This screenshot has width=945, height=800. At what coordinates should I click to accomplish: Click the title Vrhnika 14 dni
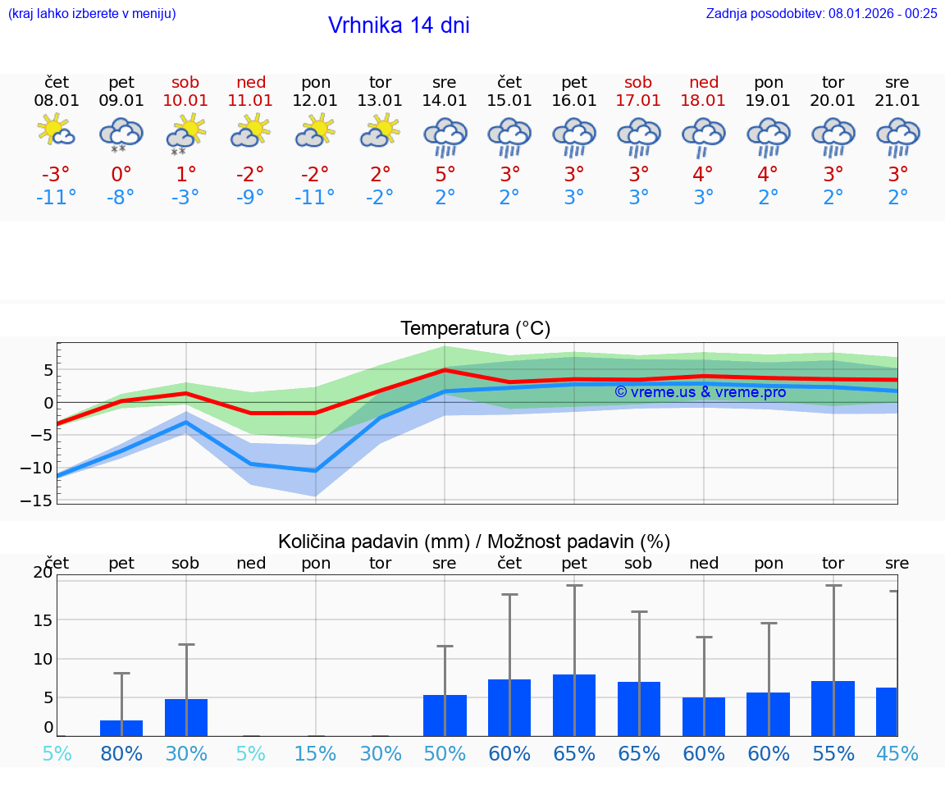pyautogui.click(x=399, y=25)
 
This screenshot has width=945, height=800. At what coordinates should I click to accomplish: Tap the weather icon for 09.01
pyautogui.click(x=121, y=135)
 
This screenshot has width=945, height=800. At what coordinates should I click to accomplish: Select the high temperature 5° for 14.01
pyautogui.click(x=445, y=175)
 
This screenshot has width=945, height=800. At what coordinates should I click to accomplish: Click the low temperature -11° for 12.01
pyautogui.click(x=315, y=198)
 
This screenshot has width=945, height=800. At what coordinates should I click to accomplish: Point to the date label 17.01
pyautogui.click(x=638, y=101)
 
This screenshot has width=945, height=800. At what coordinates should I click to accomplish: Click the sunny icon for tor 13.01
pyautogui.click(x=380, y=131)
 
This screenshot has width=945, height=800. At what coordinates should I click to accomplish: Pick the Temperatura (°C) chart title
pyautogui.click(x=475, y=329)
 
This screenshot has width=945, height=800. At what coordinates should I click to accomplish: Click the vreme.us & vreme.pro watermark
pyautogui.click(x=700, y=392)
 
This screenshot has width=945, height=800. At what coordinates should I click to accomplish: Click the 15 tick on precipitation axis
pyautogui.click(x=43, y=619)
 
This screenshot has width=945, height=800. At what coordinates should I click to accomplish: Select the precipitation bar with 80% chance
pyautogui.click(x=121, y=728)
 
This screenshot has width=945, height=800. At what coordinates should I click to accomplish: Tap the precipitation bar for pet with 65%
pyautogui.click(x=574, y=705)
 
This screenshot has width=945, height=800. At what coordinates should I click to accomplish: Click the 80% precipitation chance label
pyautogui.click(x=121, y=754)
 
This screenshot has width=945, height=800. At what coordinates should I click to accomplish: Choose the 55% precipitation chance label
pyautogui.click(x=833, y=754)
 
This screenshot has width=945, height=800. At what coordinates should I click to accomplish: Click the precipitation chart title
pyautogui.click(x=474, y=542)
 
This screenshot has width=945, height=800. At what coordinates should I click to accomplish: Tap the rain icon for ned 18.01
pyautogui.click(x=703, y=136)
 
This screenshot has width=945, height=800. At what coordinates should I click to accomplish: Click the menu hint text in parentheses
pyautogui.click(x=92, y=14)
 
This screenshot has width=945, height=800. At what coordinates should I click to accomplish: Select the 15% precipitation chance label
pyautogui.click(x=315, y=754)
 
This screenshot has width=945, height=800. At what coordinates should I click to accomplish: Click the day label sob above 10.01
pyautogui.click(x=185, y=83)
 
